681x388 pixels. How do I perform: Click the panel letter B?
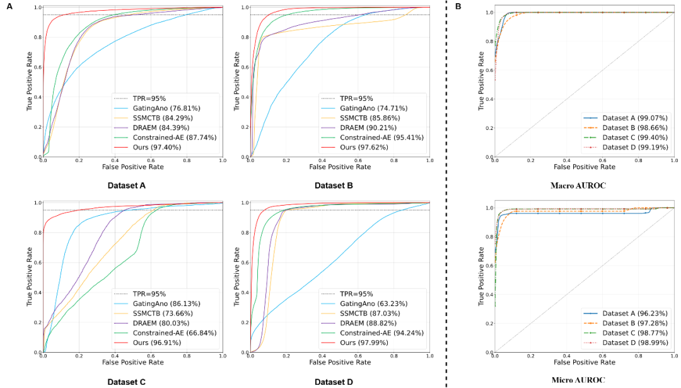pyautogui.click(x=458, y=6)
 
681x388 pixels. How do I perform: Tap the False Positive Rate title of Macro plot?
pyautogui.click(x=584, y=167)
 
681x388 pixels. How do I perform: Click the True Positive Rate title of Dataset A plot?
pyautogui.click(x=29, y=81)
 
